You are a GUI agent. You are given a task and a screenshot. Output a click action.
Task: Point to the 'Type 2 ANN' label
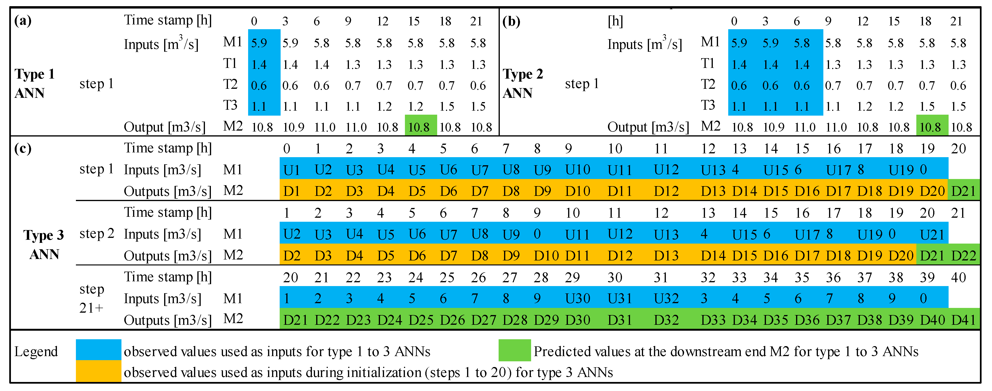coord(523,83)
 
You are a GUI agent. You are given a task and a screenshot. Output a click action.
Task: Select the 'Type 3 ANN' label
coord(43,244)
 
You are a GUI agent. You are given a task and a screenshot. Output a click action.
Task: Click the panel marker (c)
coord(23,148)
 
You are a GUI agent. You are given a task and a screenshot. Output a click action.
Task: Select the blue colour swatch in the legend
coord(99,349)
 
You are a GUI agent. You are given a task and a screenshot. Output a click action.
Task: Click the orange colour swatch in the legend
coord(99,371)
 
